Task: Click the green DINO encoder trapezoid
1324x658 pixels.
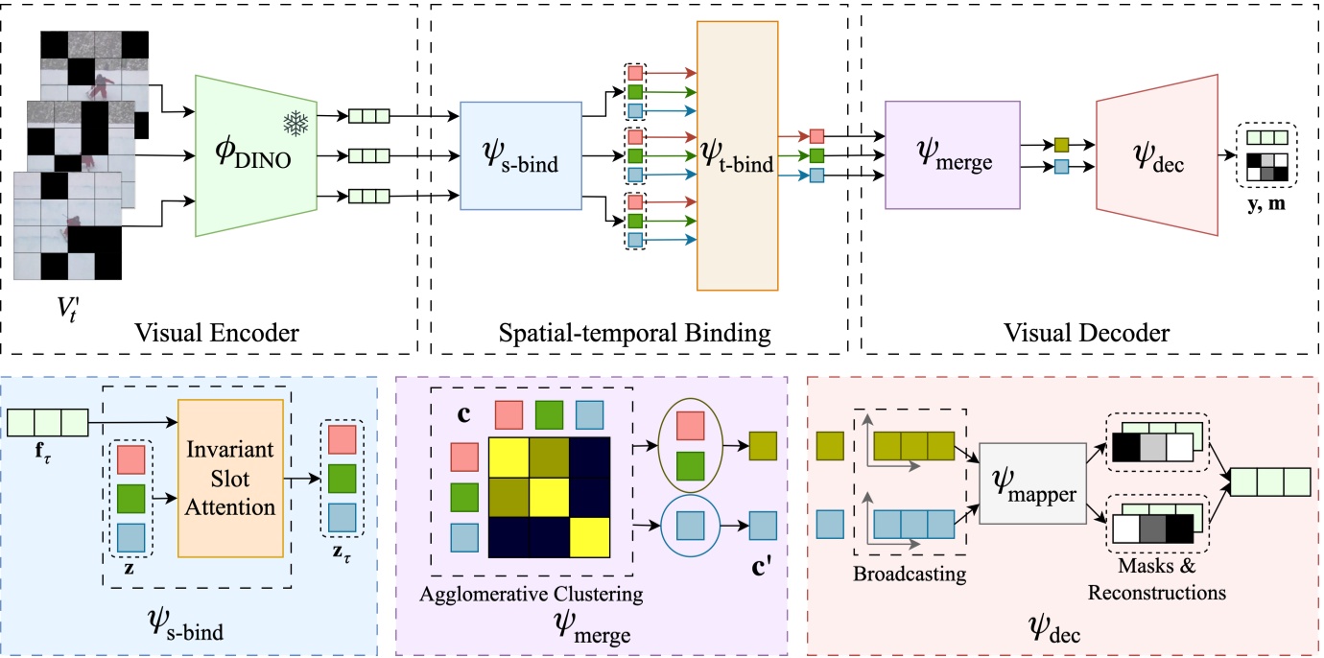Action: pyautogui.click(x=257, y=155)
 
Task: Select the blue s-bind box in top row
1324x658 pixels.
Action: pyautogui.click(x=521, y=155)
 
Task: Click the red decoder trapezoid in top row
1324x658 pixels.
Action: pyautogui.click(x=1155, y=153)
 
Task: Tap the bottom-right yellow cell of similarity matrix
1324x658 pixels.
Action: pyautogui.click(x=589, y=536)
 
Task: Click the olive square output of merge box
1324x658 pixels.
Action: pyautogui.click(x=1062, y=146)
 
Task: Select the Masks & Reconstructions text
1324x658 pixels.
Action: pyautogui.click(x=1156, y=583)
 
